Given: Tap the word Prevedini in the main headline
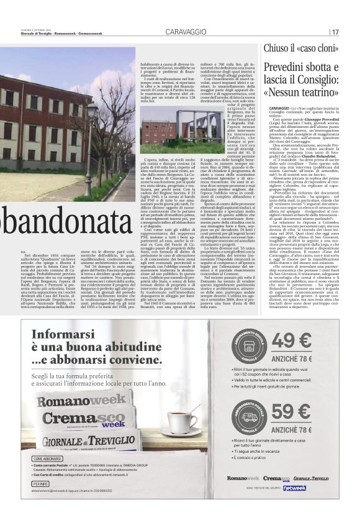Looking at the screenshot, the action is [286, 67].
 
